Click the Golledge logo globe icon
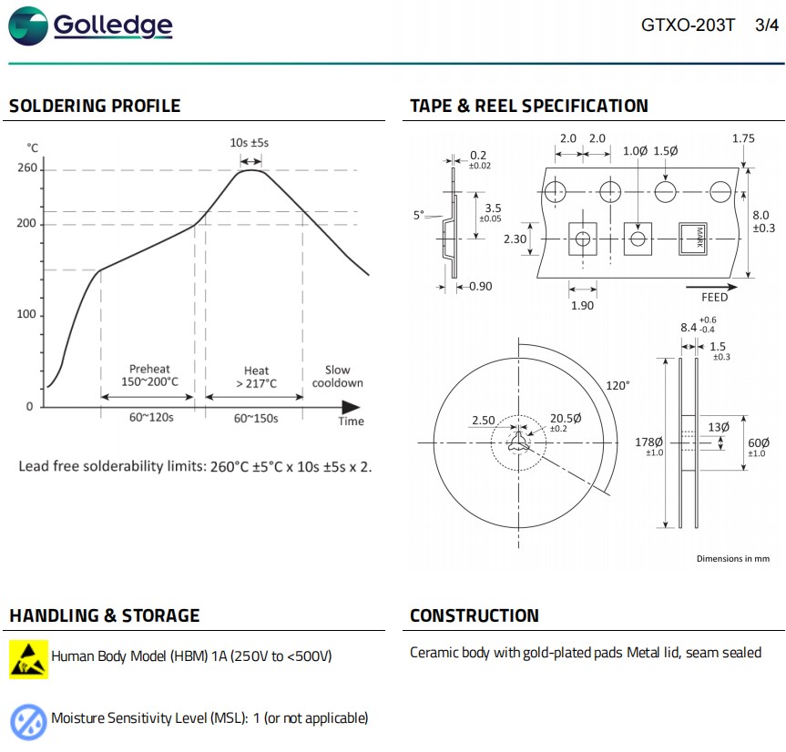tap(28, 26)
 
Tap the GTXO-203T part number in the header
tap(688, 25)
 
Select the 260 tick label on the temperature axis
tap(27, 168)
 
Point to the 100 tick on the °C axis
tap(26, 314)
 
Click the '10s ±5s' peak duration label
tap(250, 143)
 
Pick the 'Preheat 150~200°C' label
tap(149, 375)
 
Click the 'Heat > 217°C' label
tap(256, 377)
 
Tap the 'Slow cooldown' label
tap(337, 376)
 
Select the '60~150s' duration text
tap(256, 418)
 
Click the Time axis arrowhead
tap(351, 407)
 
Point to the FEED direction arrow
tap(711, 287)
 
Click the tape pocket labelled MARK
tap(693, 239)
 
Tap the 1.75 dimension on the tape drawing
tap(743, 138)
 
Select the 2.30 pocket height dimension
tap(515, 239)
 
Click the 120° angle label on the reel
tap(618, 385)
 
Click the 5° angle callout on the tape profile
tap(419, 215)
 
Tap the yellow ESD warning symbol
tap(28, 659)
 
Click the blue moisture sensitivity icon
tap(28, 722)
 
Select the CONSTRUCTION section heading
tap(475, 615)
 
